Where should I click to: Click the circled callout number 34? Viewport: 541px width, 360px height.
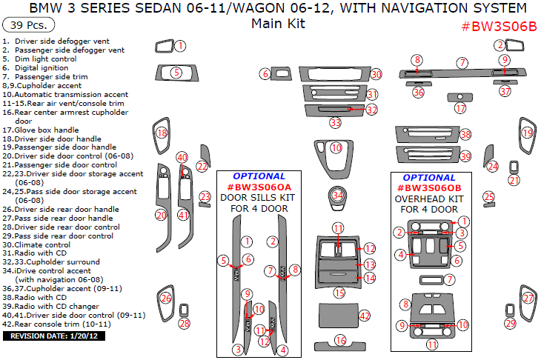337,195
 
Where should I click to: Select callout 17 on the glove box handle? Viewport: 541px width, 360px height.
460,108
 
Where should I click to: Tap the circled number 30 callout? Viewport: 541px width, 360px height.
376,74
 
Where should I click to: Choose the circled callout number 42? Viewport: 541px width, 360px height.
364,316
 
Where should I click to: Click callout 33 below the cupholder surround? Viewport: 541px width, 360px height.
336,122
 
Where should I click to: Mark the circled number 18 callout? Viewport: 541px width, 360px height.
162,133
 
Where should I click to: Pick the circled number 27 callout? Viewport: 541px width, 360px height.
528,299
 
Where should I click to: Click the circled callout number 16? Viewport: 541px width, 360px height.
340,340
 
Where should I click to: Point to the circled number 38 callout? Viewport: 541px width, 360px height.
465,135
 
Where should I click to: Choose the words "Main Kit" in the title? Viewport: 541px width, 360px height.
278,23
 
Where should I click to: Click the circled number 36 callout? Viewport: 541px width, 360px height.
419,93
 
